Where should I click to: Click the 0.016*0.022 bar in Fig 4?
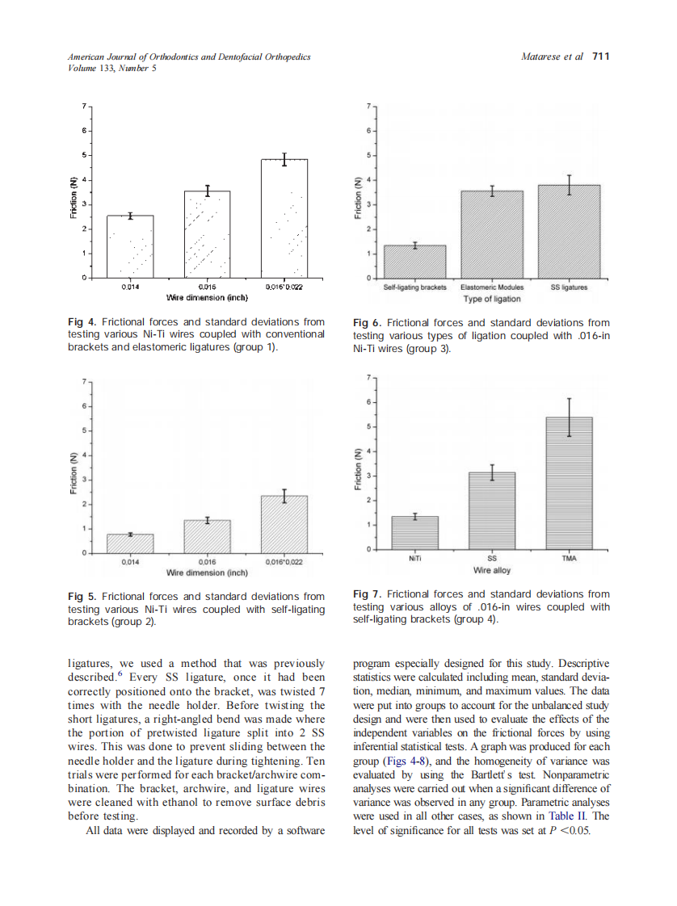284,218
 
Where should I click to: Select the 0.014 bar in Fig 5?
130,543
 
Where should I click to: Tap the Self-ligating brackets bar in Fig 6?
415,262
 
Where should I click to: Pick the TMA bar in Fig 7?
569,483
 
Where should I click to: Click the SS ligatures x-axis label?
569,287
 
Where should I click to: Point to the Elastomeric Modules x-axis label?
491,287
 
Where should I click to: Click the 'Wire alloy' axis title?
491,571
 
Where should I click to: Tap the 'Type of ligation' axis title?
491,300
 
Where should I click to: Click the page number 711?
600,57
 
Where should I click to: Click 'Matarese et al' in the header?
553,57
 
